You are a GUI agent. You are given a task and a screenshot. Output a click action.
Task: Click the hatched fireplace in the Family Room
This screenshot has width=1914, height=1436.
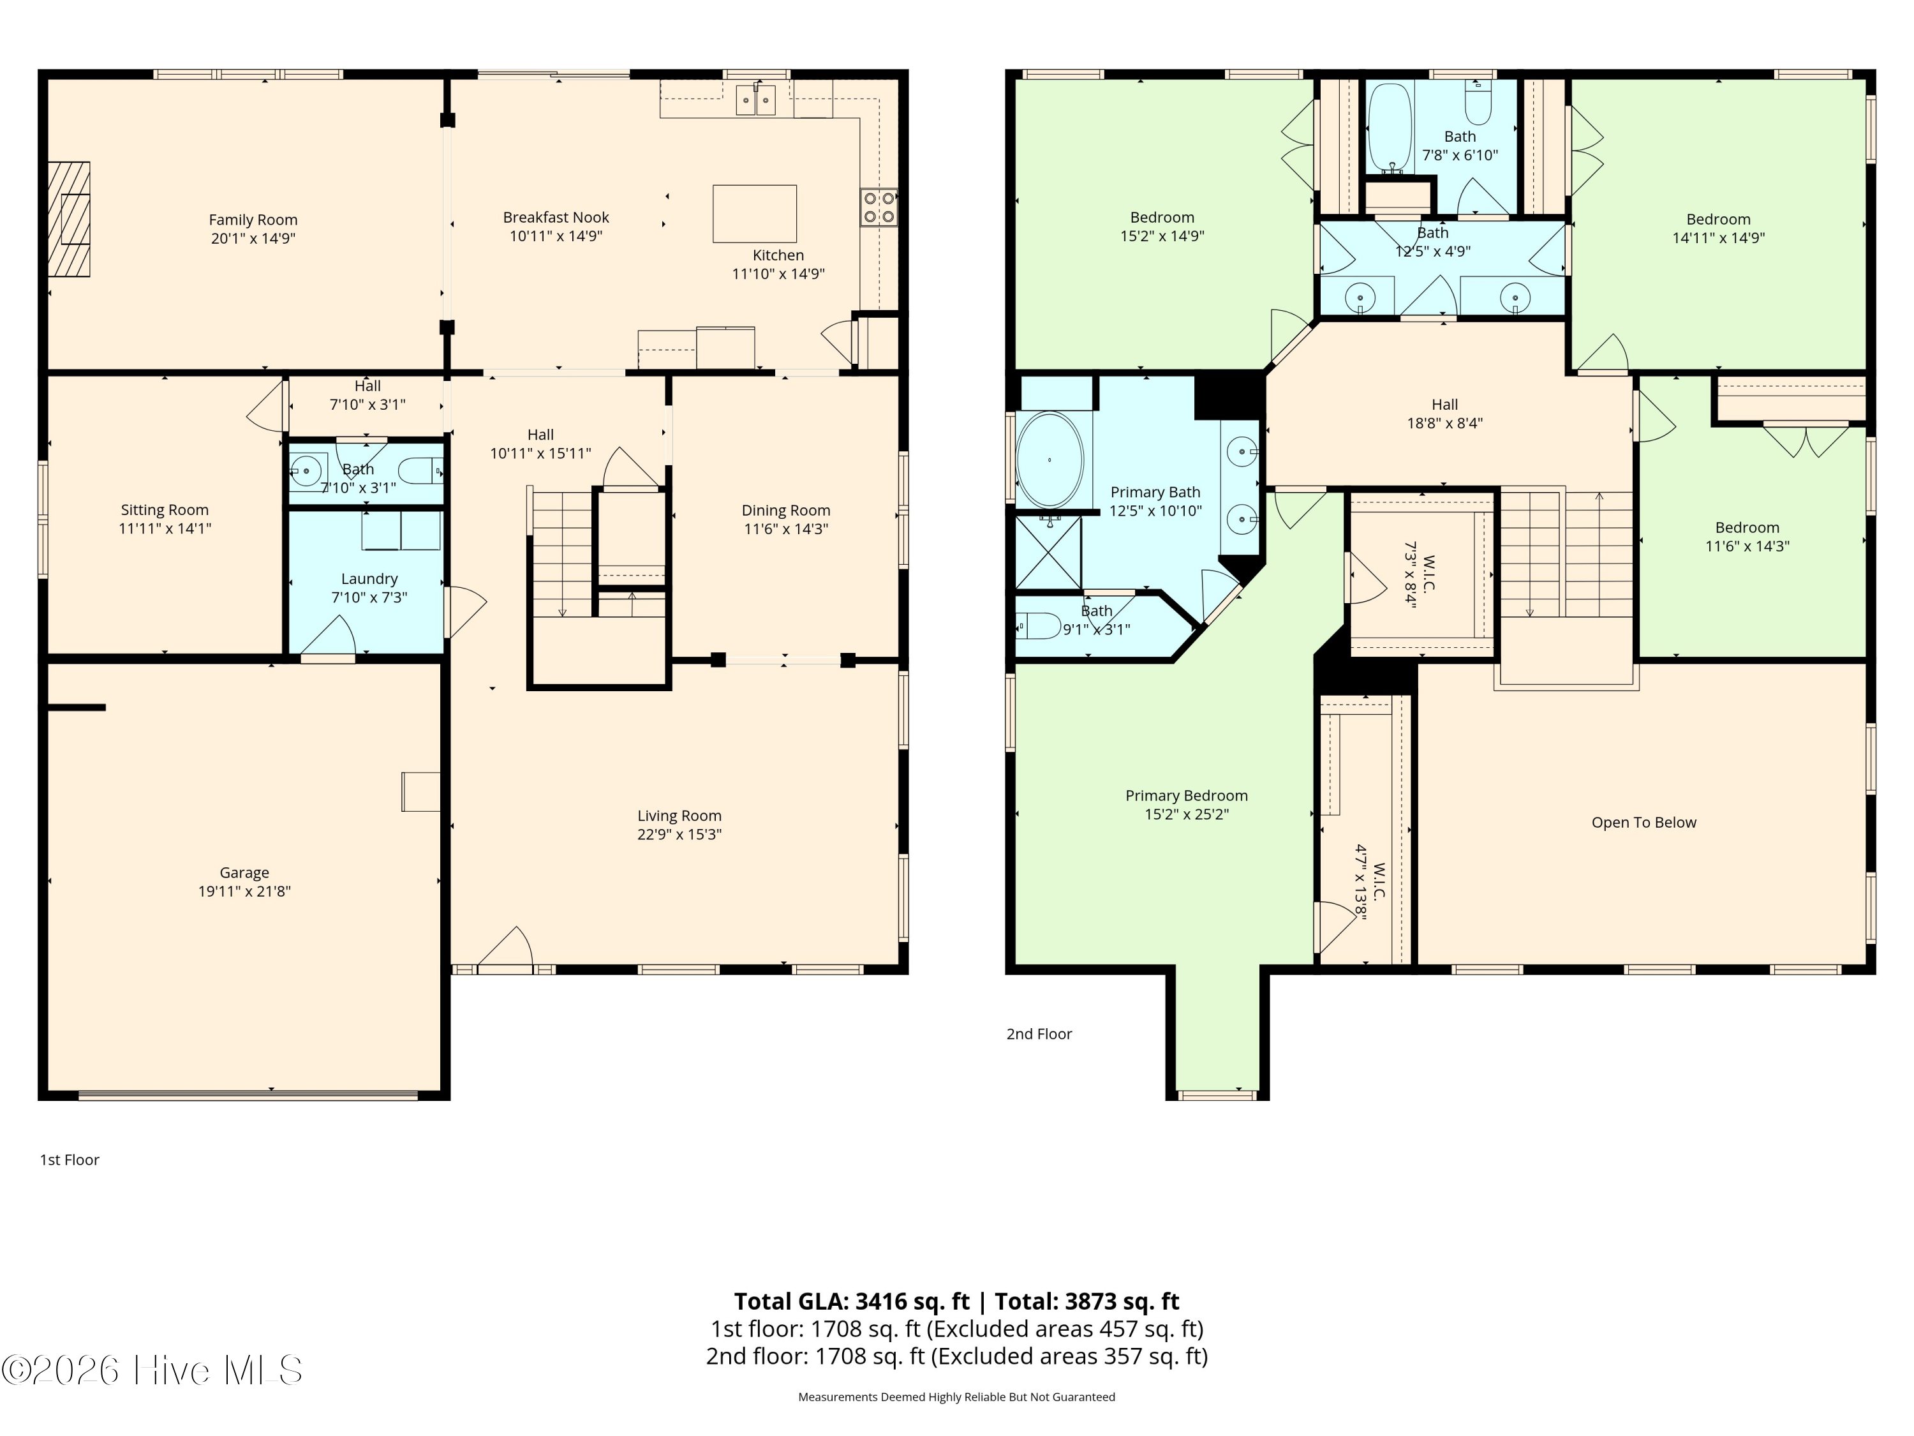pyautogui.click(x=68, y=219)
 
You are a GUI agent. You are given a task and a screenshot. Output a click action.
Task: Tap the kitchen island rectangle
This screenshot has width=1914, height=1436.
pyautogui.click(x=755, y=214)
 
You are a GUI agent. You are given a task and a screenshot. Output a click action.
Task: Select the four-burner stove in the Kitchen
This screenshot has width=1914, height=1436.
pyautogui.click(x=879, y=207)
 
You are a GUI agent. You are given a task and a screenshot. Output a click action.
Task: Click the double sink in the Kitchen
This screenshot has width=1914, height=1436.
pyautogui.click(x=756, y=100)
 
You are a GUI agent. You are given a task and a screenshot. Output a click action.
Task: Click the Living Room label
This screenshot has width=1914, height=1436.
pyautogui.click(x=679, y=816)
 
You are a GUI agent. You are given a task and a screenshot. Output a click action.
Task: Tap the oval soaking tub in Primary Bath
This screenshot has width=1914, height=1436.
pyautogui.click(x=1050, y=460)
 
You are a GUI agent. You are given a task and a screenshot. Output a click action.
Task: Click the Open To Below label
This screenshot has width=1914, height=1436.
pyautogui.click(x=1644, y=822)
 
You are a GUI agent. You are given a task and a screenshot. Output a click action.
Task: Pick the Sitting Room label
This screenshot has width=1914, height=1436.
pyautogui.click(x=165, y=510)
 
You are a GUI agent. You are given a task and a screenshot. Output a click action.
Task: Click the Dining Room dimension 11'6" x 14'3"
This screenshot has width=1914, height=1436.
pyautogui.click(x=785, y=529)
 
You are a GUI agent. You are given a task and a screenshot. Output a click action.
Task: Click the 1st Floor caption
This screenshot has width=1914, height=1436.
pyautogui.click(x=69, y=1160)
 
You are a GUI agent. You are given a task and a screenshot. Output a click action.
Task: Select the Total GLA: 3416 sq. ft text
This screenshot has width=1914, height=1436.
pyautogui.click(x=852, y=1302)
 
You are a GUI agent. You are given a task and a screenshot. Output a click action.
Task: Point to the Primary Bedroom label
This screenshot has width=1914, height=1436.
pyautogui.click(x=1186, y=795)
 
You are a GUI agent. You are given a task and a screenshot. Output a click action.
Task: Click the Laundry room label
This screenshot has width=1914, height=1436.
pyautogui.click(x=369, y=579)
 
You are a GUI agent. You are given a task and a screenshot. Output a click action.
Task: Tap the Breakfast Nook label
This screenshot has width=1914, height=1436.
pyautogui.click(x=556, y=217)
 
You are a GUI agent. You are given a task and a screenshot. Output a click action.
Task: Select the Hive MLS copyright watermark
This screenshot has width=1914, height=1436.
pyautogui.click(x=152, y=1370)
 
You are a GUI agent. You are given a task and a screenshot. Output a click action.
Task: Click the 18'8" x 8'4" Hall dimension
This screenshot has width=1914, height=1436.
pyautogui.click(x=1444, y=423)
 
